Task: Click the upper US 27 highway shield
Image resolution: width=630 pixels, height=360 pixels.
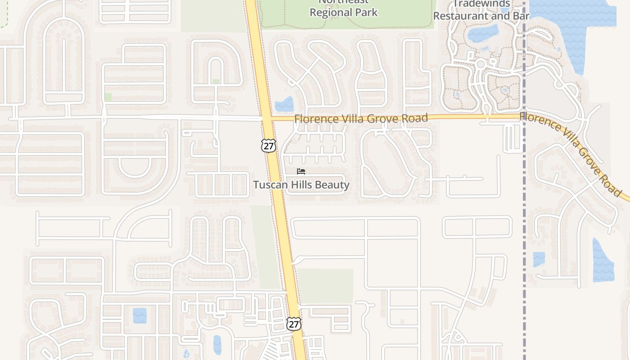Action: [268, 145]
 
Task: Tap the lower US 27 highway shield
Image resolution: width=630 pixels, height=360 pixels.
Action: [294, 324]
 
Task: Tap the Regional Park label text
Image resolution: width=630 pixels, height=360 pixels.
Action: [344, 12]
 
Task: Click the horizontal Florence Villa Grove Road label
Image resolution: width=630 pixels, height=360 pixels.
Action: [361, 119]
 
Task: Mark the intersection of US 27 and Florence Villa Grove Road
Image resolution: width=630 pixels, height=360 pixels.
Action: [266, 119]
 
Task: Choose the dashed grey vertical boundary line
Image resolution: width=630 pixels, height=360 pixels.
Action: [524, 225]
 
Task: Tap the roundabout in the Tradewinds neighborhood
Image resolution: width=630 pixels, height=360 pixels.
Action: [481, 64]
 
